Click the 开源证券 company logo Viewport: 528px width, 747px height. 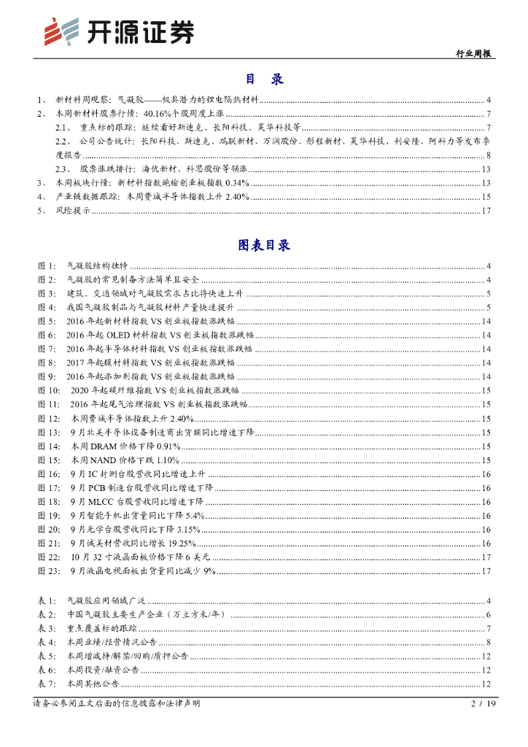click(120, 31)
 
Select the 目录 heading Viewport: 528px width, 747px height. click(264, 79)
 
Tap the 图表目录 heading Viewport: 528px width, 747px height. click(264, 245)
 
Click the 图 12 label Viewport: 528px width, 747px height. click(48, 417)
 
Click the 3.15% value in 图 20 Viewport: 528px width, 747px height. click(187, 529)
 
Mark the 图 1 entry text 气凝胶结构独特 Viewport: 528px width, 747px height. click(97, 266)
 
